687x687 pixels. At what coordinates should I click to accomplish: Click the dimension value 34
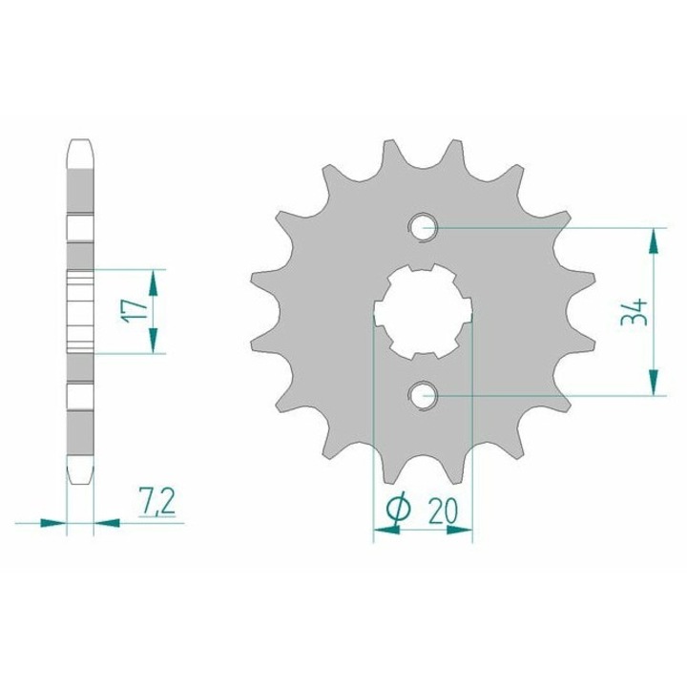(x=634, y=311)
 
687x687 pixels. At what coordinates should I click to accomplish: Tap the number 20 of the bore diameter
(x=443, y=510)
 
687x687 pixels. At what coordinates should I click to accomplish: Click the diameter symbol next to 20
(x=399, y=510)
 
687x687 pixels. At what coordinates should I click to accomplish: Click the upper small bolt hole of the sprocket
(x=423, y=227)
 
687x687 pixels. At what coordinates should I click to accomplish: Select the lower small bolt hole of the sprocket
(x=423, y=396)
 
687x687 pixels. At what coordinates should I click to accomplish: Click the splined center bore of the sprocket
(x=423, y=311)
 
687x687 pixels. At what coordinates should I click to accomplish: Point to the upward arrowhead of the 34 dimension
(x=654, y=241)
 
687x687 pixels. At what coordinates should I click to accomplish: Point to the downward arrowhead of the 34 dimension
(x=654, y=382)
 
